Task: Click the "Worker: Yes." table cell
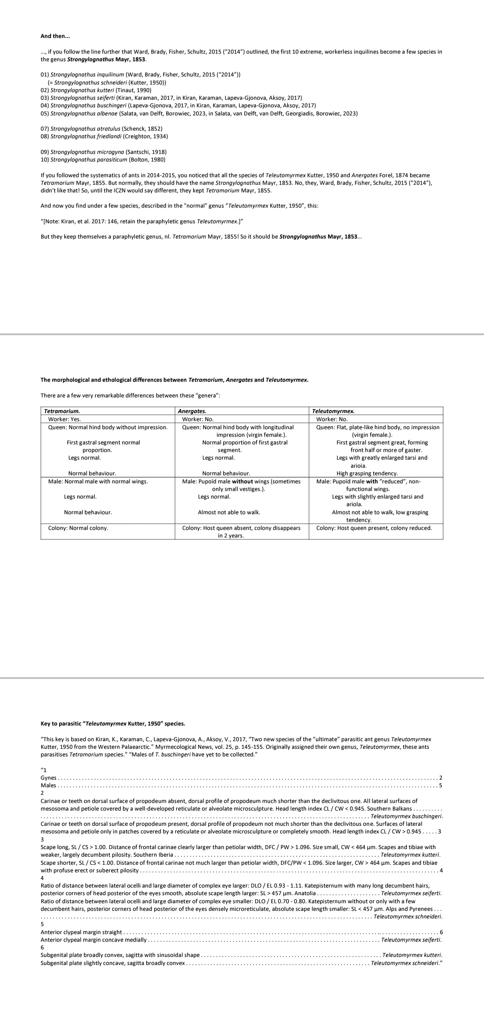point(65,419)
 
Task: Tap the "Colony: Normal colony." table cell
point(78,528)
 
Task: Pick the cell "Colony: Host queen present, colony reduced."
point(374,528)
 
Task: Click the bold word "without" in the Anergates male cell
point(242,482)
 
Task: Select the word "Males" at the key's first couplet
point(48,785)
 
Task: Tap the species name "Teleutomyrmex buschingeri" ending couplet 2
point(404,816)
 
